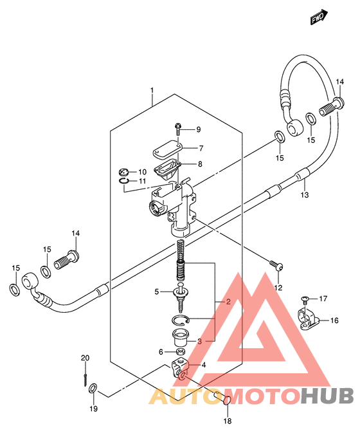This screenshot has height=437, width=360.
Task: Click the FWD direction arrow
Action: click(319, 17)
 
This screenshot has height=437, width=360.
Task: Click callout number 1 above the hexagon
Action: click(152, 90)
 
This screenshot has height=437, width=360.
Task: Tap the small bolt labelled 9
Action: click(177, 129)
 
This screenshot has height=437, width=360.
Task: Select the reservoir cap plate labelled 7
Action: click(167, 151)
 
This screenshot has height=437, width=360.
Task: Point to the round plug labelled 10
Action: click(123, 172)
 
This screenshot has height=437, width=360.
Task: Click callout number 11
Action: click(142, 181)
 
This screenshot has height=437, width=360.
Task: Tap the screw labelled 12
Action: click(276, 265)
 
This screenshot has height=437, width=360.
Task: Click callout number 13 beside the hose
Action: click(305, 194)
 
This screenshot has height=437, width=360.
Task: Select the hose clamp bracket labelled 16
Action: click(309, 319)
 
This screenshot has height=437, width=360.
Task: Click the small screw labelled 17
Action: click(304, 300)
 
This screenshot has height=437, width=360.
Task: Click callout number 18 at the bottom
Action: click(228, 420)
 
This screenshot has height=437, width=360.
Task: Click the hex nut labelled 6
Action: click(181, 351)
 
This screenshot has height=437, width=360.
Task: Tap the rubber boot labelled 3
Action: click(180, 337)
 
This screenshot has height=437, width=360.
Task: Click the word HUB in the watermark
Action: click(327, 395)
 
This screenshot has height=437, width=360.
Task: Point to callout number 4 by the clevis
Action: click(204, 364)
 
